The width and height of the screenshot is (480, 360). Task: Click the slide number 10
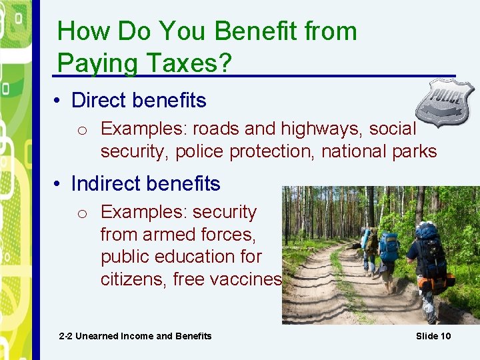tap(445, 336)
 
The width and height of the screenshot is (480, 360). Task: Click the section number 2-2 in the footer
tap(65, 336)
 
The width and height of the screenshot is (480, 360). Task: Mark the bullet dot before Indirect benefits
tap(59, 184)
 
